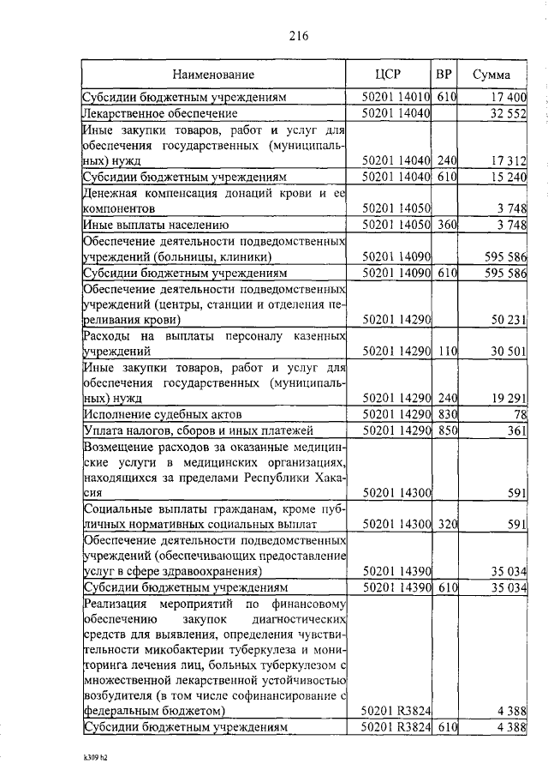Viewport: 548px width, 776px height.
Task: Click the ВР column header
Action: pos(444,74)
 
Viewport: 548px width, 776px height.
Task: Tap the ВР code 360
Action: pos(444,225)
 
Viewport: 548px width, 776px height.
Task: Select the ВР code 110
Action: pos(444,352)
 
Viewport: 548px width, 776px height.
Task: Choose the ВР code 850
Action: pos(444,430)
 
